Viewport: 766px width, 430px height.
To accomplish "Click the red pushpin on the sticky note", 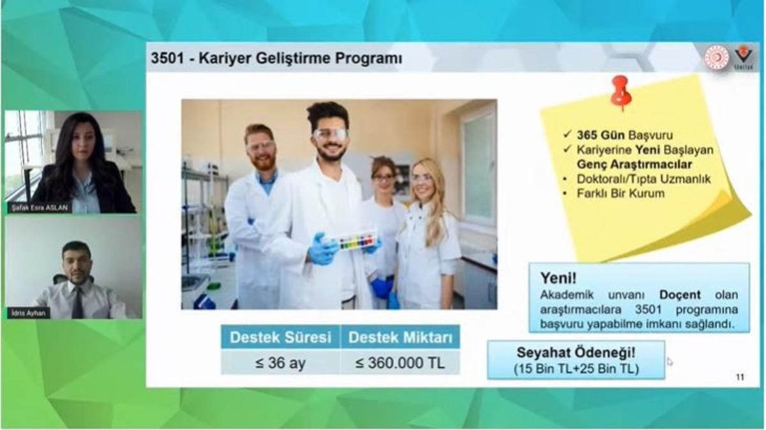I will pos(620,91).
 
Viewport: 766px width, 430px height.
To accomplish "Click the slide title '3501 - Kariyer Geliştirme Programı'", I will pos(276,59).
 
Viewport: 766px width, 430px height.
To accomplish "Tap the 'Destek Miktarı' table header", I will pos(400,337).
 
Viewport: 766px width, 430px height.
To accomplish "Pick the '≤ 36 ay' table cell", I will pos(280,363).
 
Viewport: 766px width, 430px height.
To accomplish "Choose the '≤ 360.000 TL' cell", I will pos(400,363).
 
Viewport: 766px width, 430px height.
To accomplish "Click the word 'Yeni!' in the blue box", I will pos(559,278).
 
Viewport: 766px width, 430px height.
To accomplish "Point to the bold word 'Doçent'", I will pos(679,295).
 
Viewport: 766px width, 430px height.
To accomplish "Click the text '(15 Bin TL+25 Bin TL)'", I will pos(575,368).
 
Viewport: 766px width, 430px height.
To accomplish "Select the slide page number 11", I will pos(740,377).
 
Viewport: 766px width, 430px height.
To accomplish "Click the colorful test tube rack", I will pos(356,241).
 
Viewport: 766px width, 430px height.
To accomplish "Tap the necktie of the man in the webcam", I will pos(77,302).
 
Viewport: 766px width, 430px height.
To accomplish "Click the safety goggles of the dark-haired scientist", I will pos(331,135).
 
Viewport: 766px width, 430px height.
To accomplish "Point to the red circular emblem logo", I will pos(716,57).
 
